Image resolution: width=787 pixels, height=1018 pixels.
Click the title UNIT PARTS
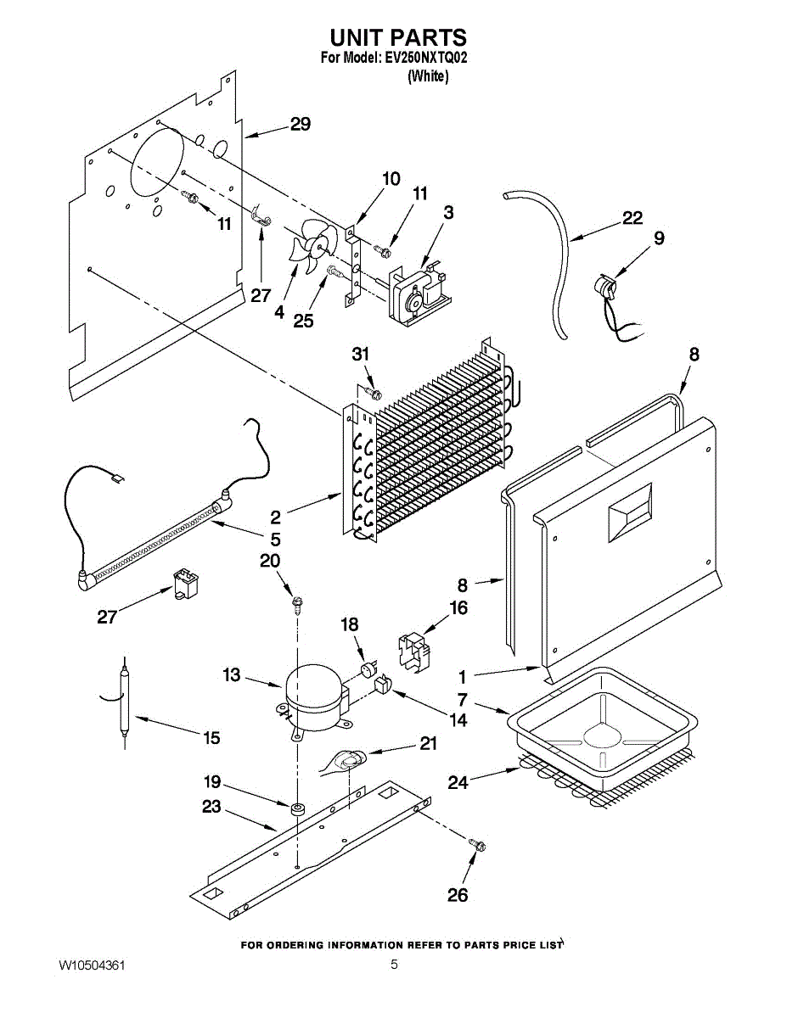(x=397, y=37)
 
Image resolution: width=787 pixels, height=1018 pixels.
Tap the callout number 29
(x=300, y=124)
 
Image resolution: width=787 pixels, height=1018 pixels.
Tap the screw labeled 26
(x=478, y=844)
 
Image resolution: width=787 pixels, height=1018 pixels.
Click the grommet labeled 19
(x=298, y=808)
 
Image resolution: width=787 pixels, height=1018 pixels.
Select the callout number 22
(x=632, y=218)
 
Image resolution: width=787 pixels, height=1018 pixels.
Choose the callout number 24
(x=458, y=782)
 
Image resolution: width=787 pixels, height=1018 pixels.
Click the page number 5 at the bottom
(x=394, y=965)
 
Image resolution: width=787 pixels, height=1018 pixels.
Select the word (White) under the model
(x=428, y=76)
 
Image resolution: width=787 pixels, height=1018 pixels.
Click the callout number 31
(x=362, y=354)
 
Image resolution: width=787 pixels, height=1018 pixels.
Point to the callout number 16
(x=458, y=607)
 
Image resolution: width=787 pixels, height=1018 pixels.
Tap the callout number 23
(x=211, y=806)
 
